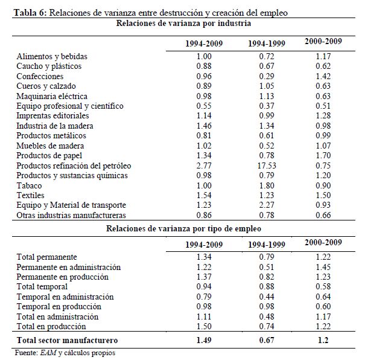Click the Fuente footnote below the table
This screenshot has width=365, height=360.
[x=64, y=352]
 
